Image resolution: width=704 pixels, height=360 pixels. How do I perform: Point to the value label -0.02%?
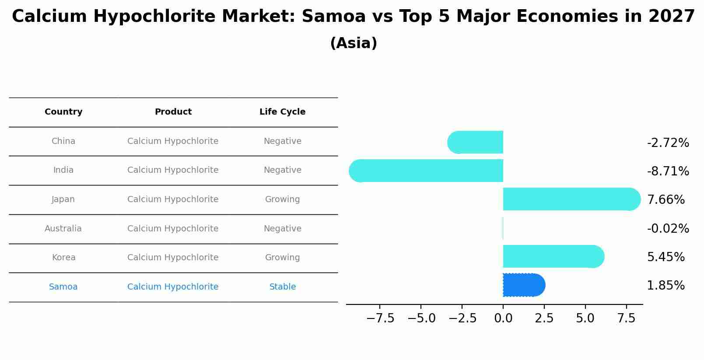[x=668, y=228]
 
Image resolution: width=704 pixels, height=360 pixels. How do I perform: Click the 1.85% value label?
[x=665, y=286]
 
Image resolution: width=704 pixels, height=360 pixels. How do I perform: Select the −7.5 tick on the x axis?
[x=380, y=318]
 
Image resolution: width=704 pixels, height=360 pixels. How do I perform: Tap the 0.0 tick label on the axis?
[x=503, y=318]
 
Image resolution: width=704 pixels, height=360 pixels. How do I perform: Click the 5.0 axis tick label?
[x=585, y=318]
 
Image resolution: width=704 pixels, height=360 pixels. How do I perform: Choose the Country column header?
[x=63, y=112]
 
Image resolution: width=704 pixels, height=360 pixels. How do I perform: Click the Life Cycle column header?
[x=282, y=112]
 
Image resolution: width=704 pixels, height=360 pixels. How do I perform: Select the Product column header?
[x=173, y=112]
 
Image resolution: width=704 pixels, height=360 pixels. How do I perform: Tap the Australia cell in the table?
[x=63, y=228]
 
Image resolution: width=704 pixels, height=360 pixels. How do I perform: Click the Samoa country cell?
[x=63, y=287]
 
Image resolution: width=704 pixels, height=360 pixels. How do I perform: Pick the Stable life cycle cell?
[x=282, y=287]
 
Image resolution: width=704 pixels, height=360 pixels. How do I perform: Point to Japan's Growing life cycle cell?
[x=282, y=199]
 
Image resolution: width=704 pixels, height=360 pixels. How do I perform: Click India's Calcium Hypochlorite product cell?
[x=173, y=170]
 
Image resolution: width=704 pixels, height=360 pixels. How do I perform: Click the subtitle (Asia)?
[x=353, y=43]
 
